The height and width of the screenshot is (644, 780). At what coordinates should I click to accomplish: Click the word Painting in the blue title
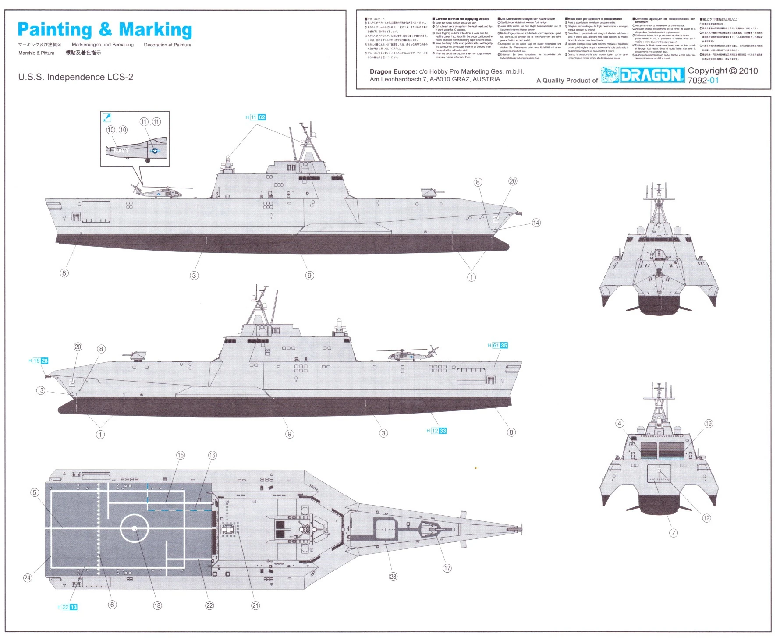[55, 30]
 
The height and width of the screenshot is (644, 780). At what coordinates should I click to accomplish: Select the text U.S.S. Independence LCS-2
[75, 77]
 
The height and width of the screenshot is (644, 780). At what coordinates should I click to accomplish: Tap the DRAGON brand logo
[643, 75]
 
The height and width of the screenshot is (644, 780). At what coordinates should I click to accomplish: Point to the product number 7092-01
[703, 81]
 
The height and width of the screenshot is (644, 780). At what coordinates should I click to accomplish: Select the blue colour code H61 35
[498, 345]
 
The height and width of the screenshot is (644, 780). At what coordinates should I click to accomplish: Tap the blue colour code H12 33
[436, 431]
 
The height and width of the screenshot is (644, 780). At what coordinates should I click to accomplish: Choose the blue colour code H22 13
[67, 607]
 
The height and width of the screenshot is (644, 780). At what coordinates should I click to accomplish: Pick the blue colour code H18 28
[39, 361]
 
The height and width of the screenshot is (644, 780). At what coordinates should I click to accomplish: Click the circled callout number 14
[536, 223]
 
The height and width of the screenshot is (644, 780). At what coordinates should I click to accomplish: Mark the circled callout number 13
[40, 390]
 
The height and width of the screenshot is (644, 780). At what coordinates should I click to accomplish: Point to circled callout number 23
[393, 577]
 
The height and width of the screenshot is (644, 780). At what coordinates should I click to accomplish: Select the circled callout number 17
[447, 568]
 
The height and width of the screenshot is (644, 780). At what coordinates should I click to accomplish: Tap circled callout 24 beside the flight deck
[27, 578]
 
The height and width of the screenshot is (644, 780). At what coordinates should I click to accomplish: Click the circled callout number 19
[709, 423]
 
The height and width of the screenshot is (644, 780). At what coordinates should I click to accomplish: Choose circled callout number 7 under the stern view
[674, 533]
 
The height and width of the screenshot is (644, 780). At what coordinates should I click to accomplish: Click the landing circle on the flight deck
[134, 529]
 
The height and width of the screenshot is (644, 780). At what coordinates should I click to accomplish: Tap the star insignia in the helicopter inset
[155, 151]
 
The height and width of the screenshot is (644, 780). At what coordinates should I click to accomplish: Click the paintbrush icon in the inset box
[106, 117]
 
